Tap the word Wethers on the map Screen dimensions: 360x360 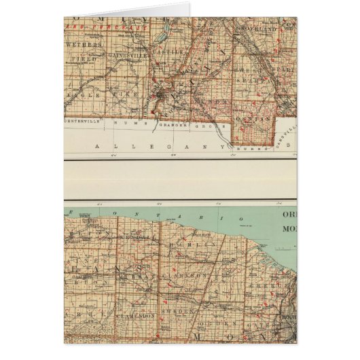pos(85,44)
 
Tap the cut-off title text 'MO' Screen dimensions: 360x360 pos(289,228)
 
